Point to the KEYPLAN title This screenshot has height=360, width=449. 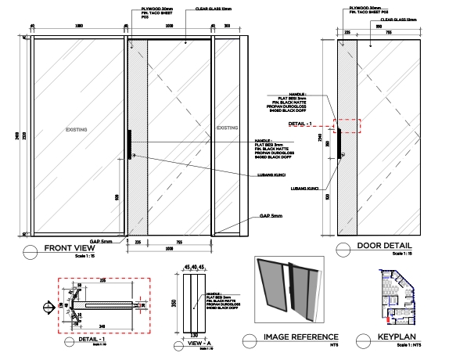point(396,339)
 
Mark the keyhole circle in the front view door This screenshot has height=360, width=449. point(135,157)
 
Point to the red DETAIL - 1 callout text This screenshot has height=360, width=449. point(300,124)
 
